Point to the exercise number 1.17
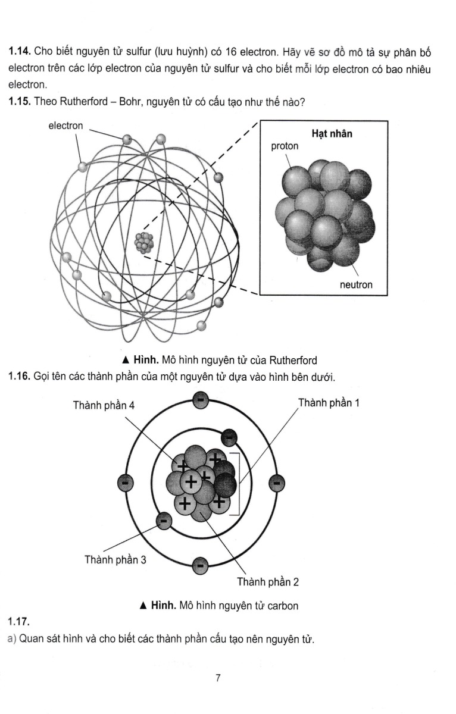click(18, 622)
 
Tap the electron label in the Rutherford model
click(65, 126)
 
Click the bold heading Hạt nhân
click(332, 134)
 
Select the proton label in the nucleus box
click(285, 146)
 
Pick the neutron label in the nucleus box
click(356, 285)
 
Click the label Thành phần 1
click(328, 403)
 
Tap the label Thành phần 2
click(268, 581)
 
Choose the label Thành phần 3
click(115, 560)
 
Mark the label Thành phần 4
click(104, 405)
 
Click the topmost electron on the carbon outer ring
click(200, 402)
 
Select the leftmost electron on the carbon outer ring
click(125, 484)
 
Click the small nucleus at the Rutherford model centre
click(144, 242)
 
